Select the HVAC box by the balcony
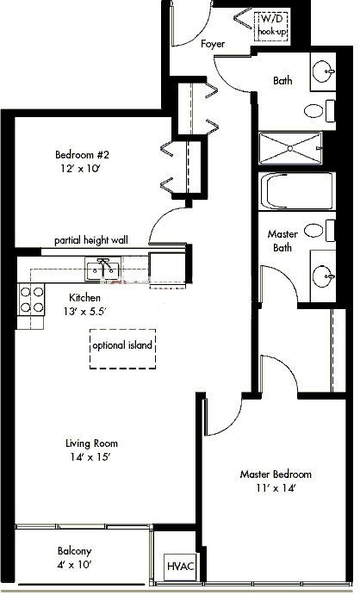coord(179,567)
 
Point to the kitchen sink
coord(103,269)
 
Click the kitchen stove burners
coord(32,298)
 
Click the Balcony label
coord(75,551)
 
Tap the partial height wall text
coord(90,240)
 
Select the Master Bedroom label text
coord(276,474)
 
